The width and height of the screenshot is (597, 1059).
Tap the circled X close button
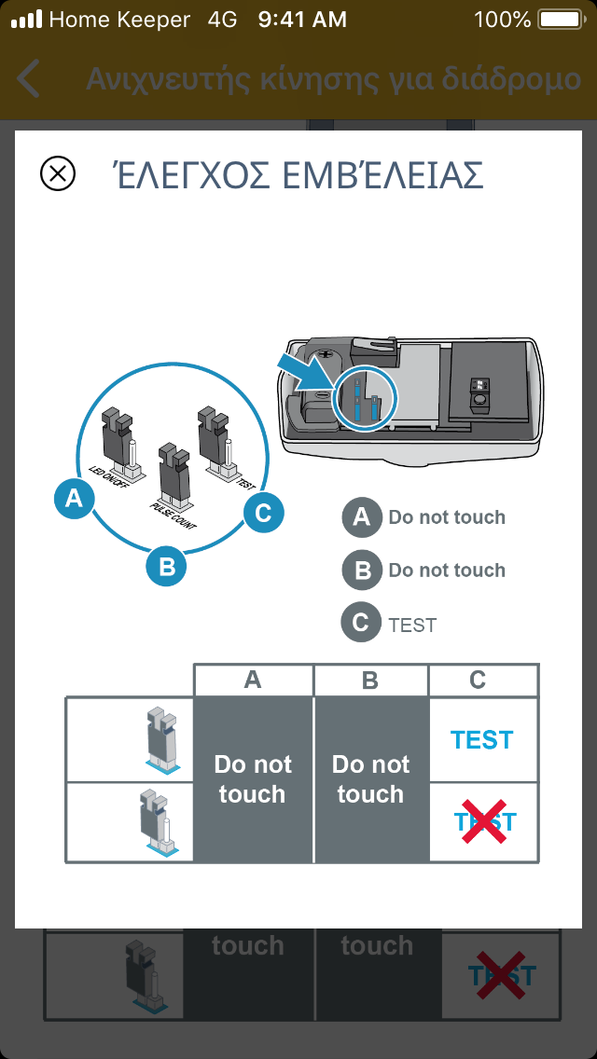(x=58, y=174)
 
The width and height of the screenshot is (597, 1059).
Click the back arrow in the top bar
(x=29, y=79)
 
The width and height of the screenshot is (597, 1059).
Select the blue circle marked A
(x=74, y=500)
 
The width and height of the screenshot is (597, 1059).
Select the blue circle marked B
(x=167, y=566)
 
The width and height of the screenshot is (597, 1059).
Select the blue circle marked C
(x=263, y=512)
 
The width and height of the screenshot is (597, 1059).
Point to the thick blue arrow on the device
(x=305, y=373)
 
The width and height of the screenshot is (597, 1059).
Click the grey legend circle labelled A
(x=362, y=517)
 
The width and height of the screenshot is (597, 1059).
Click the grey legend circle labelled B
(x=362, y=571)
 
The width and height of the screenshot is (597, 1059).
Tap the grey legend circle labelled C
(x=362, y=624)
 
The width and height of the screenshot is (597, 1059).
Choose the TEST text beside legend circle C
(x=412, y=625)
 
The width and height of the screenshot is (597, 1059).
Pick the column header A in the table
(x=253, y=681)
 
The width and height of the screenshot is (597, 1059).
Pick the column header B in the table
(x=370, y=681)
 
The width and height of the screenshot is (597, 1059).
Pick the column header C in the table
(x=478, y=681)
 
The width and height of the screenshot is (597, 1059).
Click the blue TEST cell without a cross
(x=482, y=739)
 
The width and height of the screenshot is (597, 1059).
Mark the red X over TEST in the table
(x=483, y=821)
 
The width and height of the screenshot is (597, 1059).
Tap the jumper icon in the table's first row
(x=161, y=741)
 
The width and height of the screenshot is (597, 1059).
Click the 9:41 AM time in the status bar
(x=302, y=19)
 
